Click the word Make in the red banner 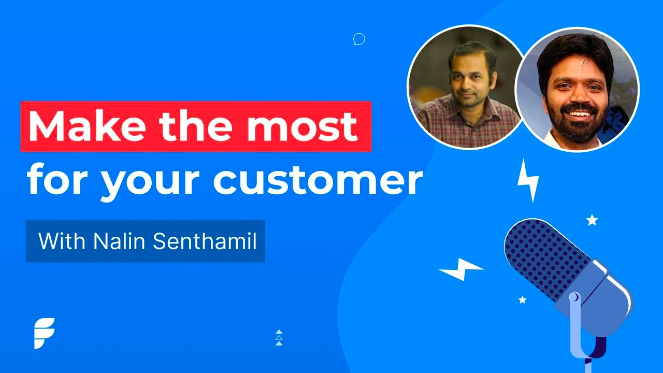pyautogui.click(x=89, y=126)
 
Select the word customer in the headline pyautogui.click(x=318, y=180)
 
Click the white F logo pyautogui.click(x=44, y=333)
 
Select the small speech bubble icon pyautogui.click(x=359, y=39)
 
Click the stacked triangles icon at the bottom pyautogui.click(x=279, y=337)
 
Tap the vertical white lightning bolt pyautogui.click(x=528, y=180)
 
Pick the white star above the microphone pyautogui.click(x=592, y=220)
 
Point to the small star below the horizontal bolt pyautogui.click(x=523, y=299)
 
